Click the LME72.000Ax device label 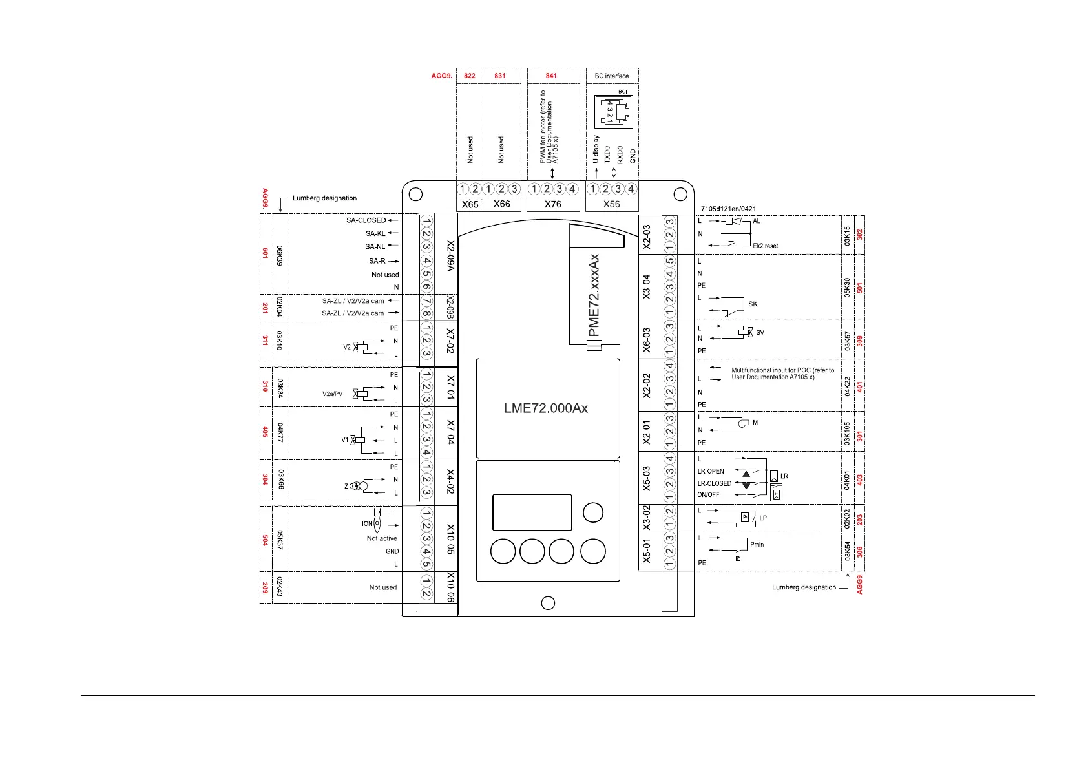tap(546, 408)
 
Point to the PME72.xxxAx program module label tap(594, 295)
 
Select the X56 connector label tap(611, 204)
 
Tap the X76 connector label tap(552, 204)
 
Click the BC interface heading tap(611, 76)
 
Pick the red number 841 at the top tap(551, 76)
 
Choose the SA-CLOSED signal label tap(366, 220)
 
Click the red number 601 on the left tap(265, 253)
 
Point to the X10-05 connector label tap(450, 539)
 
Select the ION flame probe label tap(367, 524)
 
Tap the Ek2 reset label tap(765, 246)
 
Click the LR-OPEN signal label tap(711, 471)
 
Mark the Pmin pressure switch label tap(757, 545)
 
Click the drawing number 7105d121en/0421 tap(728, 209)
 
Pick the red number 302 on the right tap(859, 235)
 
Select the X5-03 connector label tap(647, 478)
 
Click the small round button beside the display tap(592, 512)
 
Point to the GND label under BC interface tap(633, 156)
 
